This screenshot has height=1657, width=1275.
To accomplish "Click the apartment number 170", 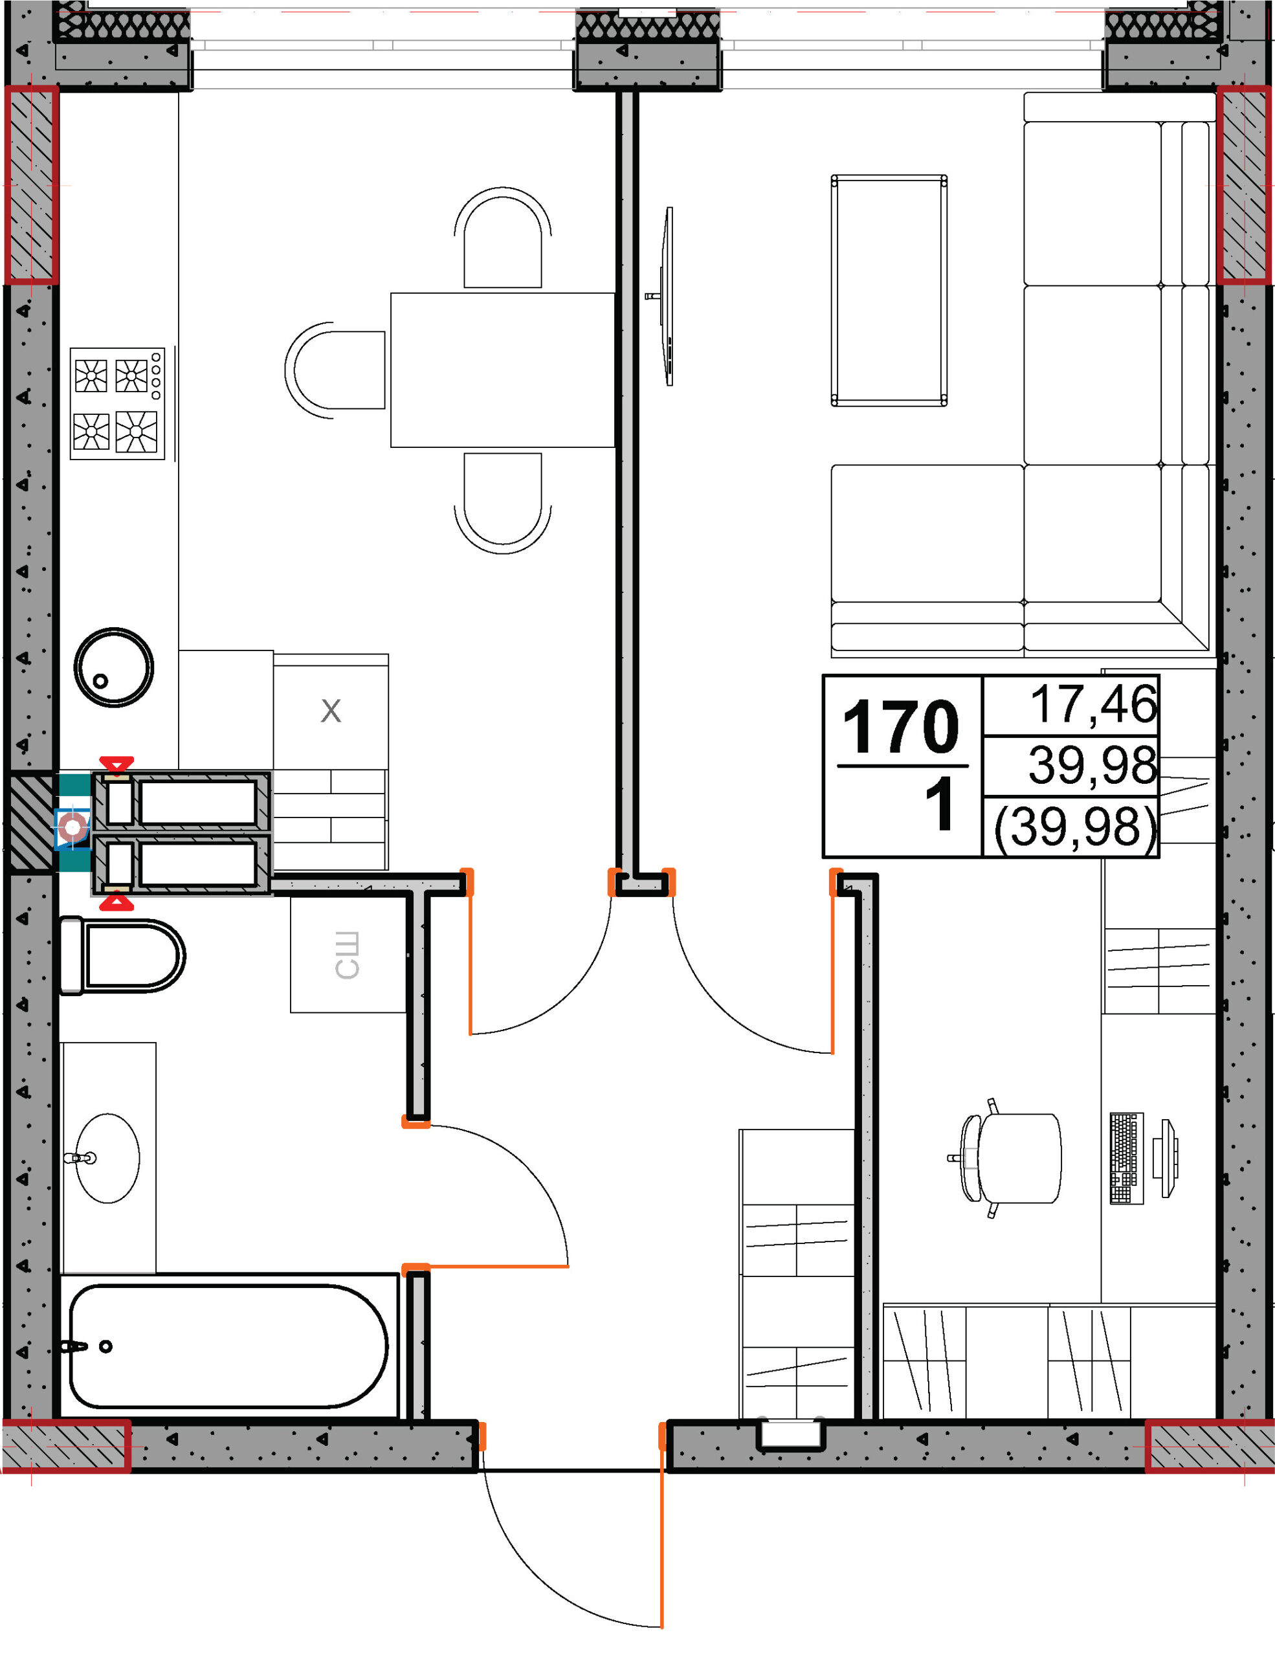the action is click(x=901, y=726).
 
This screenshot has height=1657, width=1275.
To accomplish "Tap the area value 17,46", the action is click(x=1093, y=704).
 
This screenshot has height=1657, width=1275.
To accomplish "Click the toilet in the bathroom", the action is click(x=122, y=955).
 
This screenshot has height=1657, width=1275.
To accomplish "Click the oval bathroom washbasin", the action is click(x=107, y=1158).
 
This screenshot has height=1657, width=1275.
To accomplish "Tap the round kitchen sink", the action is click(x=114, y=668).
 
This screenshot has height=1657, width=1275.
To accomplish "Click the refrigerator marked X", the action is click(x=331, y=711).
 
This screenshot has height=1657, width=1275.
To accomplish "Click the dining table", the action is click(x=502, y=370).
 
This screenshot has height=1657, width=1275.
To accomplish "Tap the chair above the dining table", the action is click(x=503, y=238).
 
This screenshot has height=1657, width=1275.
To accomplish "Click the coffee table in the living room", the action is click(x=889, y=290).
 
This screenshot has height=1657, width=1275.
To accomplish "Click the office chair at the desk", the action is click(x=1006, y=1158).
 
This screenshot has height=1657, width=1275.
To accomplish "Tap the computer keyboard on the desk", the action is click(x=1126, y=1158).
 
